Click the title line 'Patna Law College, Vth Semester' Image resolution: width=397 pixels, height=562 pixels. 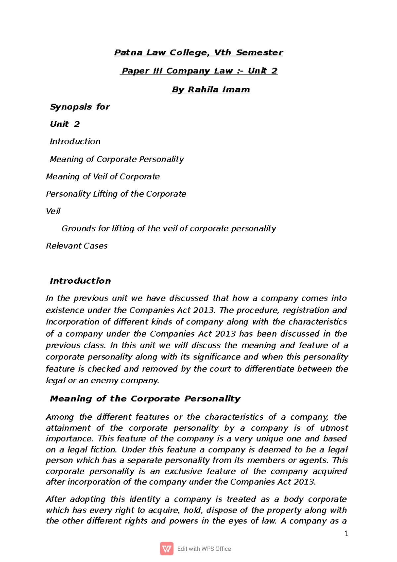(198, 53)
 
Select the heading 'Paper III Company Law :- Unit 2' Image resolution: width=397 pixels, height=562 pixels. (199, 71)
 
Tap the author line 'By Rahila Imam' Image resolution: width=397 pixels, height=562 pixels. (210, 90)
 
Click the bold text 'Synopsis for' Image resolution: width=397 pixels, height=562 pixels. (80, 107)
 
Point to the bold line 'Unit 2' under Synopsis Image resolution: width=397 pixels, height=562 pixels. (65, 124)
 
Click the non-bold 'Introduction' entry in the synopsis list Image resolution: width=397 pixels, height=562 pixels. (75, 141)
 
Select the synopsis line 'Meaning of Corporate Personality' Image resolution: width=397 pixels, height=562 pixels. (116, 159)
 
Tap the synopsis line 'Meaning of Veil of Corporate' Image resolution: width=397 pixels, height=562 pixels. (103, 176)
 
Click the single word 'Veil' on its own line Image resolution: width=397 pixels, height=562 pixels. (53, 211)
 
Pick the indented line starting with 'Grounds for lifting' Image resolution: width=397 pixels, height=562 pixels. (169, 228)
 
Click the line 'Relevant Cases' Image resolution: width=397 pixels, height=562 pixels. (77, 246)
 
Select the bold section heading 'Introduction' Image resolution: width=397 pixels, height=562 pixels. (80, 281)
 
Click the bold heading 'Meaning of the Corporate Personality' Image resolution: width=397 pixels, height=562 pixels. (145, 399)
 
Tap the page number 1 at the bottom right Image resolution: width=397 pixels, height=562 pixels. (346, 534)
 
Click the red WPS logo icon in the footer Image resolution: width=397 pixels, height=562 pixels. (166, 549)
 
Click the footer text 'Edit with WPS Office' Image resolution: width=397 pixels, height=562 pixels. (204, 549)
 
